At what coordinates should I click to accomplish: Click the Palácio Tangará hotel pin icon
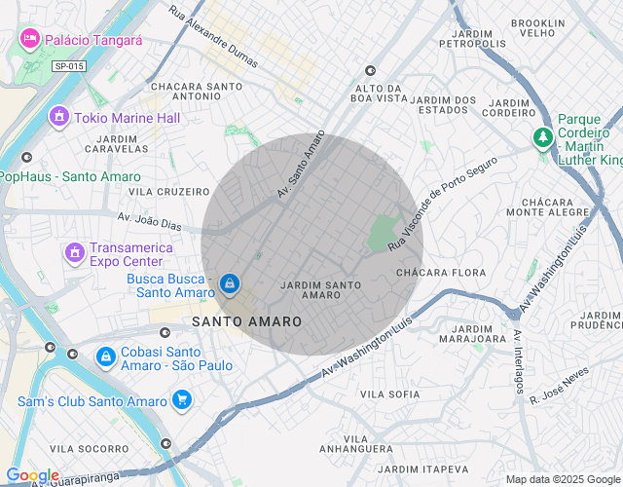(29, 39)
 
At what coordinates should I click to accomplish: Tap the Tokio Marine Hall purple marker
(59, 118)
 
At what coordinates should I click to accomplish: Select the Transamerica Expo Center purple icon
(75, 254)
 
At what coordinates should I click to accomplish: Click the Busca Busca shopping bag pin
(229, 283)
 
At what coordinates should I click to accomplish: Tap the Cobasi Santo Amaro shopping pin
(104, 357)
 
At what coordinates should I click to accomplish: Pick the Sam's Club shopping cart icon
(181, 400)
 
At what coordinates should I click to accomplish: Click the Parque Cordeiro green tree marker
(542, 138)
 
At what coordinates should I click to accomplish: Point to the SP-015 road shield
(69, 65)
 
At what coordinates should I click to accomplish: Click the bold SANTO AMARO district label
(246, 320)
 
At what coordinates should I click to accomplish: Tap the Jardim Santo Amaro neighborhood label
(320, 289)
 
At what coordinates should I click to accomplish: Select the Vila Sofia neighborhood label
(389, 394)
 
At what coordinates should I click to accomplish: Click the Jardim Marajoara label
(472, 334)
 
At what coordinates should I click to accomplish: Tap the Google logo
(32, 475)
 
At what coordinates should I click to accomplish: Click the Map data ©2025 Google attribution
(563, 479)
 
